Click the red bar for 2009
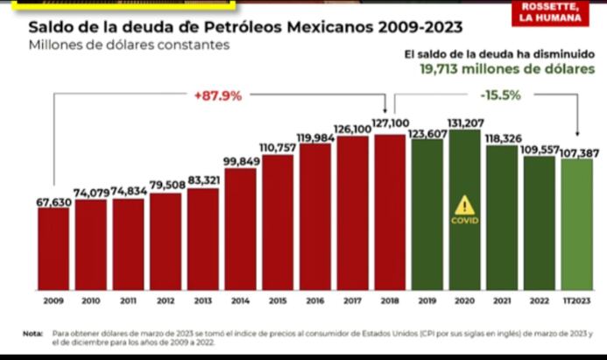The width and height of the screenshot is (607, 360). (x=53, y=249)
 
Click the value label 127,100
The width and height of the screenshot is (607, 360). (x=390, y=124)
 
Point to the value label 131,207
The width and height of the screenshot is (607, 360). (x=465, y=123)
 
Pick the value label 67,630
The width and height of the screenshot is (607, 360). (x=53, y=201)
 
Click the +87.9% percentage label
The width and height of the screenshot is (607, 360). (x=217, y=95)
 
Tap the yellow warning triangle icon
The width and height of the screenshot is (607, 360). (x=464, y=206)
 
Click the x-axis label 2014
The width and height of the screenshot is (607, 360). (x=240, y=300)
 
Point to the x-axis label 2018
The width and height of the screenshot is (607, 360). (x=390, y=300)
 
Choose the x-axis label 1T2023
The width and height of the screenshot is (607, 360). (x=576, y=300)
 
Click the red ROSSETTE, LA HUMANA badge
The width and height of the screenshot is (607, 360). (x=549, y=12)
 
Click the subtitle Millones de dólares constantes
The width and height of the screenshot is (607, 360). (x=129, y=45)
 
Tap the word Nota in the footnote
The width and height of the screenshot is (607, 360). (x=33, y=334)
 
